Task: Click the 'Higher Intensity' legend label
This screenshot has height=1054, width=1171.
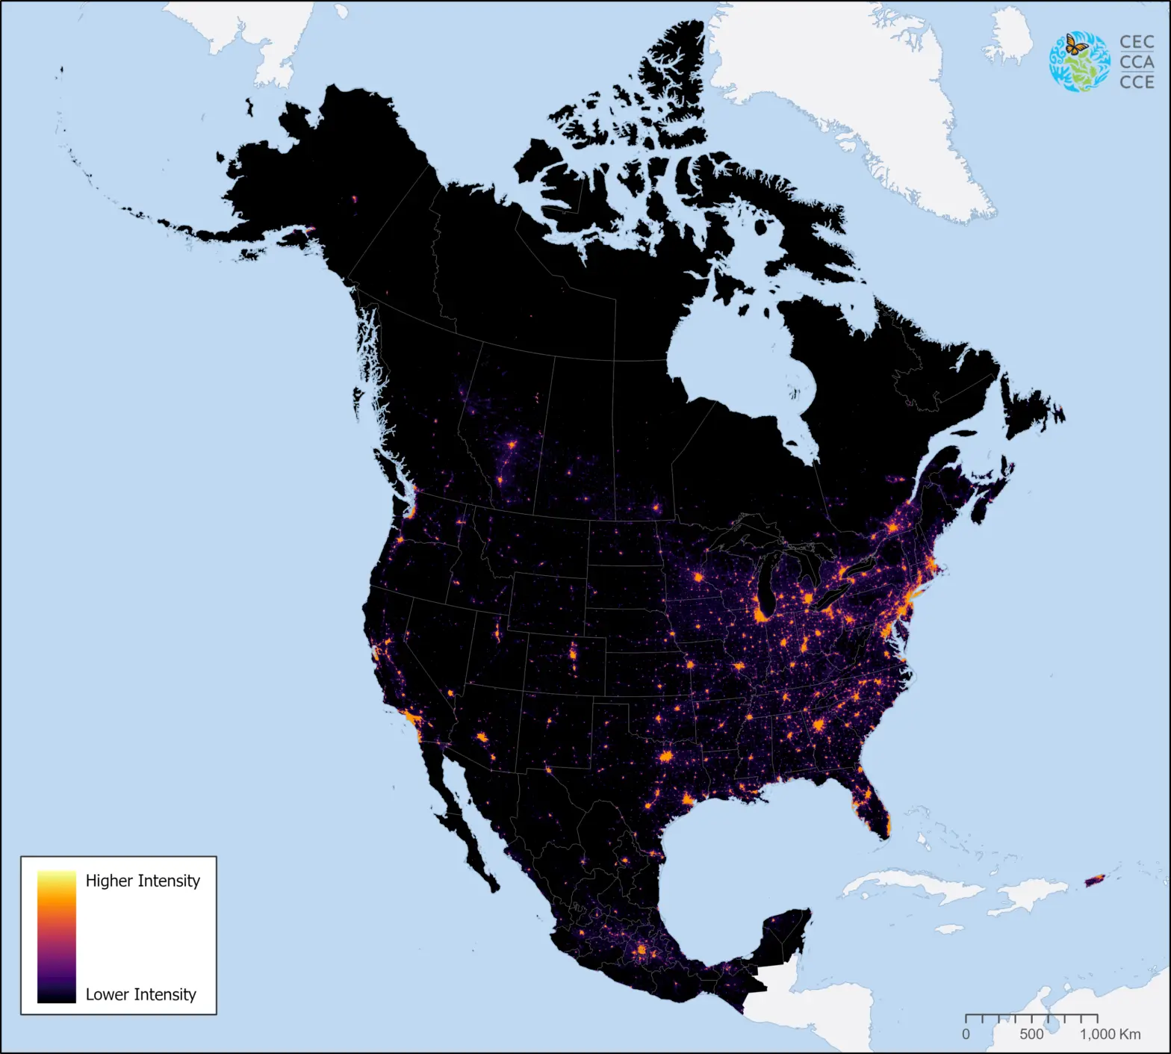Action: click(143, 881)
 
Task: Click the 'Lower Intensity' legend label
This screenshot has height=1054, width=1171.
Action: click(140, 994)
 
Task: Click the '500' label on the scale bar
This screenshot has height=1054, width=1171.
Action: click(1031, 1035)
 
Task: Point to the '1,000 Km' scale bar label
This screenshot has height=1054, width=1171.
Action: click(1110, 1035)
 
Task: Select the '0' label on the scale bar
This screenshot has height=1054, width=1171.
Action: click(966, 1035)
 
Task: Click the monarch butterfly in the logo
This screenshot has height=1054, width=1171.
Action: click(1076, 45)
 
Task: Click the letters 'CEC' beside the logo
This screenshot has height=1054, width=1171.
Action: click(1137, 43)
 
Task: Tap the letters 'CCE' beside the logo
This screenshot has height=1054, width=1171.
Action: click(1137, 81)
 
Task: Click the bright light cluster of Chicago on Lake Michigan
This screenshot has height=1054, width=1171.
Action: click(762, 616)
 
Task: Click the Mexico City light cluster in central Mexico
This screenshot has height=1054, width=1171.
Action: click(641, 950)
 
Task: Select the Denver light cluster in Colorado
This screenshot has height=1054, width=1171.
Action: click(573, 654)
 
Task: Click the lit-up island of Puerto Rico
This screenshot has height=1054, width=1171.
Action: click(1094, 881)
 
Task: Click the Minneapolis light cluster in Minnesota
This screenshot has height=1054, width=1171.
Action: click(699, 577)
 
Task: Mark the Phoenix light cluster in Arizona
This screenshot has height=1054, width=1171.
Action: click(482, 737)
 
